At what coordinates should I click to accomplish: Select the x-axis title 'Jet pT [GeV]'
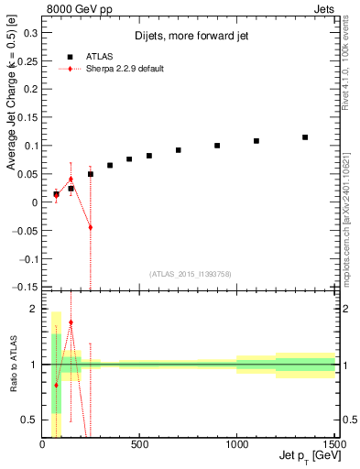point(306,455)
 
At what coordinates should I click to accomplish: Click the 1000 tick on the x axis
point(236,443)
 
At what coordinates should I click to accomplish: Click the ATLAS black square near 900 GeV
point(217,146)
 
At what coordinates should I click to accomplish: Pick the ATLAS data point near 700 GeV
point(179,150)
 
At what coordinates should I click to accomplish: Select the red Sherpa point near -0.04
point(91,227)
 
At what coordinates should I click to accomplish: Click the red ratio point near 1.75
point(71,322)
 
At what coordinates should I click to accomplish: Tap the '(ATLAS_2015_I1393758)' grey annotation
point(190,273)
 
